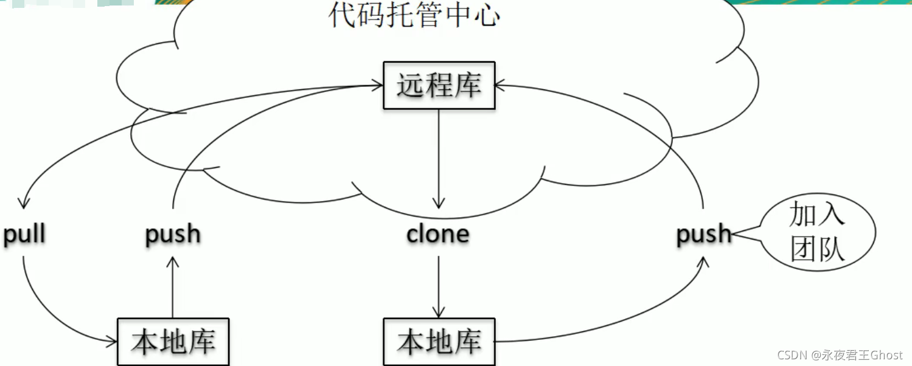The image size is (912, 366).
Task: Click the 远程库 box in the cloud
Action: click(x=439, y=86)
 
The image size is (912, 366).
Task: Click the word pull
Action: click(x=24, y=235)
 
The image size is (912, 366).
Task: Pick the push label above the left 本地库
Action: click(x=173, y=235)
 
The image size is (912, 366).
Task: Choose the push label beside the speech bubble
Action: click(x=703, y=235)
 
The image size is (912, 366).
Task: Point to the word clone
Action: click(x=438, y=235)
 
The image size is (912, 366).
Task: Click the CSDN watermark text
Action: click(x=840, y=354)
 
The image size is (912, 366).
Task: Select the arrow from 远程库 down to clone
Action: click(x=439, y=158)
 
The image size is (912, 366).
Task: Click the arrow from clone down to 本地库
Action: click(x=439, y=286)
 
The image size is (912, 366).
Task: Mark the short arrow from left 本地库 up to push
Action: click(x=173, y=286)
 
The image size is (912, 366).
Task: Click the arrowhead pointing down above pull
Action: click(x=23, y=202)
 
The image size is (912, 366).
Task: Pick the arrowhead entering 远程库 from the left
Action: click(x=377, y=86)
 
